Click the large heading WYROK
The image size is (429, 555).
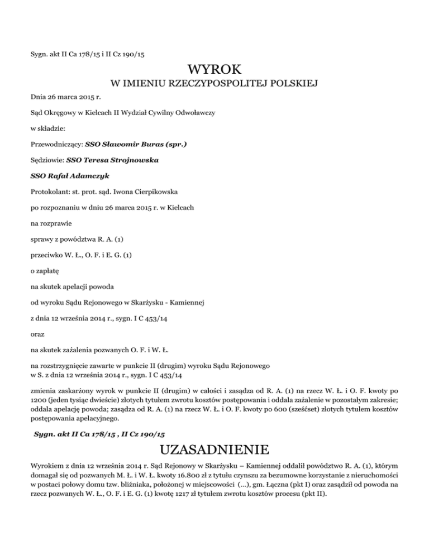click(x=214, y=70)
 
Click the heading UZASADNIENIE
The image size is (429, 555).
click(x=214, y=449)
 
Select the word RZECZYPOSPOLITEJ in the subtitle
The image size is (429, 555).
click(x=213, y=84)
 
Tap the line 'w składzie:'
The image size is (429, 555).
click(x=49, y=128)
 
